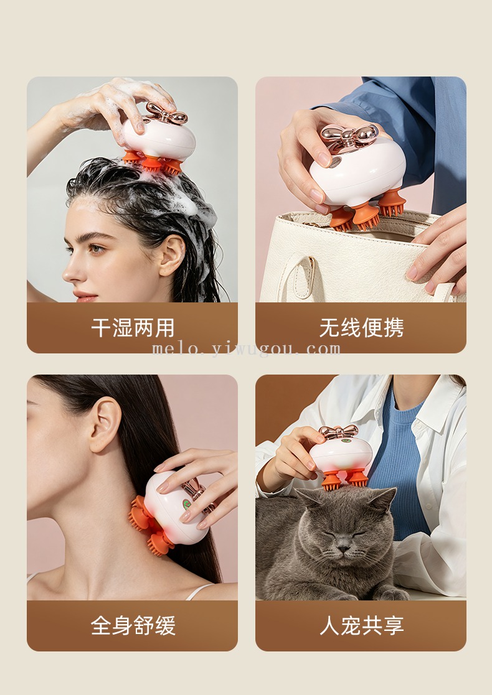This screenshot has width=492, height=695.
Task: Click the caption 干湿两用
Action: tap(133, 327)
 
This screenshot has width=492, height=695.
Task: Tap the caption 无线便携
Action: tap(362, 327)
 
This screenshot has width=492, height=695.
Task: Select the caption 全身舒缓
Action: tap(133, 625)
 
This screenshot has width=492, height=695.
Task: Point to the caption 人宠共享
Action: tap(362, 625)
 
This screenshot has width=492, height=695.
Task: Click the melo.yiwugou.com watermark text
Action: tap(246, 349)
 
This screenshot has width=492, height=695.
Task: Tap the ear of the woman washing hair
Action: tap(171, 255)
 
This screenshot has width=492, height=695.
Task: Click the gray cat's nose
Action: tap(343, 549)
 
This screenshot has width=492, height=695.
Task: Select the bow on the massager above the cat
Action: tap(339, 431)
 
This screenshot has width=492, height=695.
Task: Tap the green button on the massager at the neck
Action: tap(187, 505)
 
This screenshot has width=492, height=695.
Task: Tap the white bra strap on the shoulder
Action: tap(198, 591)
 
